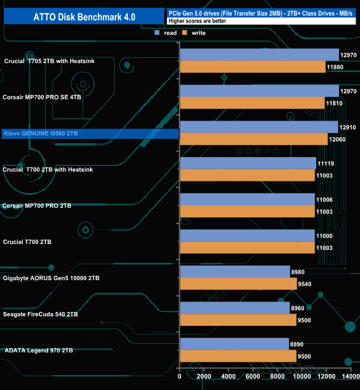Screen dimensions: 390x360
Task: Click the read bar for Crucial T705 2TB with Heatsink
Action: tap(259, 55)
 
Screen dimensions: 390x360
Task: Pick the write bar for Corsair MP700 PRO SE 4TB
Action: tap(252, 103)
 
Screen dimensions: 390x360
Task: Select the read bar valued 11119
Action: tap(248, 163)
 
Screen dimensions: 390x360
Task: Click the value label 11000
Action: tap(325, 236)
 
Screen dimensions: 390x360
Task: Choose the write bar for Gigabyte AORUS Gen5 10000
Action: tap(238, 284)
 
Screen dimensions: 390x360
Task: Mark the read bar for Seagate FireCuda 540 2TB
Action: tap(234, 308)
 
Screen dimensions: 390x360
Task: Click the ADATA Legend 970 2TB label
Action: tap(39, 350)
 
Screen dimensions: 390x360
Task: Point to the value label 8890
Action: tap(297, 344)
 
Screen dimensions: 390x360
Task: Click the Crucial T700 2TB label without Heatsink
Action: tap(28, 242)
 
